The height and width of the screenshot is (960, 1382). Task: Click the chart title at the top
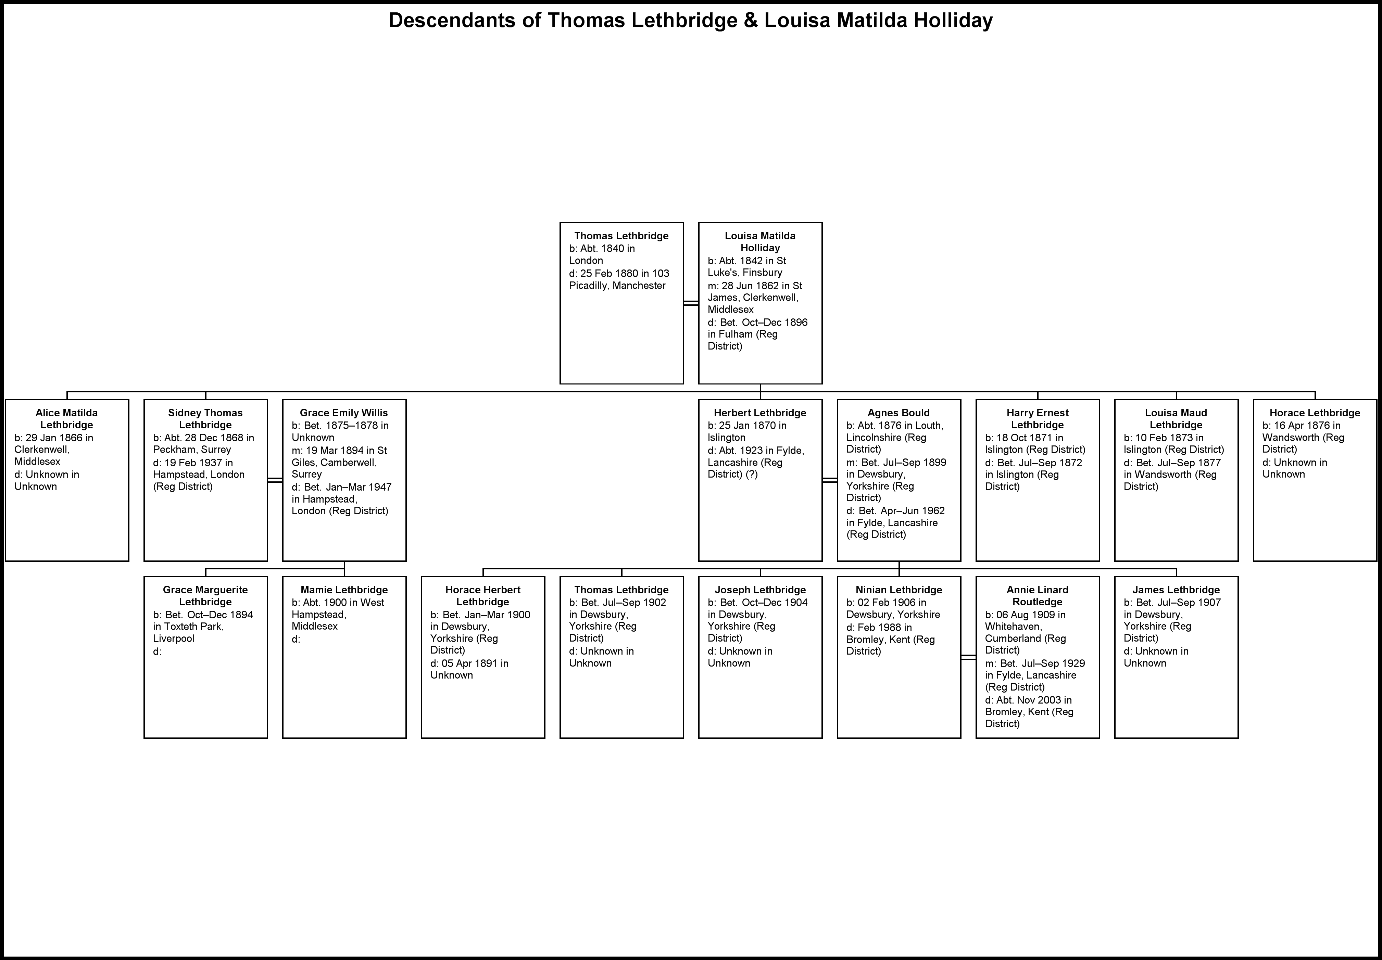(x=691, y=21)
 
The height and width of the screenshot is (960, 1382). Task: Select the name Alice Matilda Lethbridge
(x=67, y=419)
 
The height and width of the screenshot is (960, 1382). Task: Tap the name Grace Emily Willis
(x=344, y=413)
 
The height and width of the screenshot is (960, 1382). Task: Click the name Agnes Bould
(x=899, y=413)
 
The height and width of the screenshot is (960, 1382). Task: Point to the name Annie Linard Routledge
(x=1038, y=595)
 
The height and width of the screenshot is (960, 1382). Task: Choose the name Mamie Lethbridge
(x=344, y=590)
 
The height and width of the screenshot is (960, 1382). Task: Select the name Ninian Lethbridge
(x=899, y=590)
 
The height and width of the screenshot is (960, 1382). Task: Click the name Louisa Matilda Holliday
(x=761, y=242)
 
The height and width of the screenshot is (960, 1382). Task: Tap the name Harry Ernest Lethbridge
(x=1038, y=419)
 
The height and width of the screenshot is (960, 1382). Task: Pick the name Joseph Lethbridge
(x=761, y=590)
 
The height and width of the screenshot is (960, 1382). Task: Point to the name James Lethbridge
(x=1176, y=590)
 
